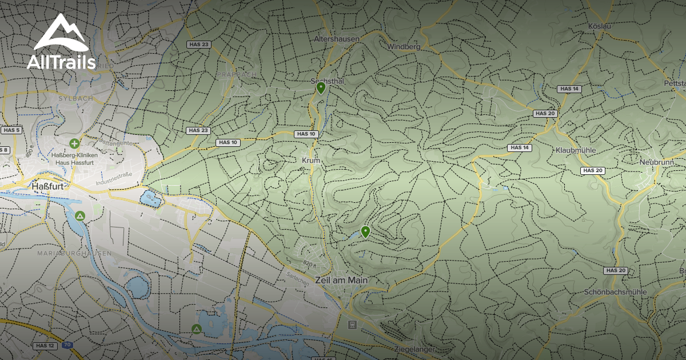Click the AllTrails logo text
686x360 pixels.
pos(61,62)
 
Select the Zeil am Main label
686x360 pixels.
pos(341,281)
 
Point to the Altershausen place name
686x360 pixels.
pos(337,39)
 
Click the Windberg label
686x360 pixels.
pos(404,46)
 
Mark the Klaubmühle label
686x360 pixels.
pos(576,150)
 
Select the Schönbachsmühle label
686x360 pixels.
pos(615,292)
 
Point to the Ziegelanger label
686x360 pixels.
pos(415,349)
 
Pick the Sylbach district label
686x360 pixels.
pos(75,98)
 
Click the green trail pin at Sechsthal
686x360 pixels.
pos(321,88)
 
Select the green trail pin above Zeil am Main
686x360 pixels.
pos(365,232)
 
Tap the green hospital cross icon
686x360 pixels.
pos(74,143)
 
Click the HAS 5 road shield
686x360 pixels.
pos(11,130)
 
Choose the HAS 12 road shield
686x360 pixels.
pos(44,346)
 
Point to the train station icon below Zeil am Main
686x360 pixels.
pos(352,325)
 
